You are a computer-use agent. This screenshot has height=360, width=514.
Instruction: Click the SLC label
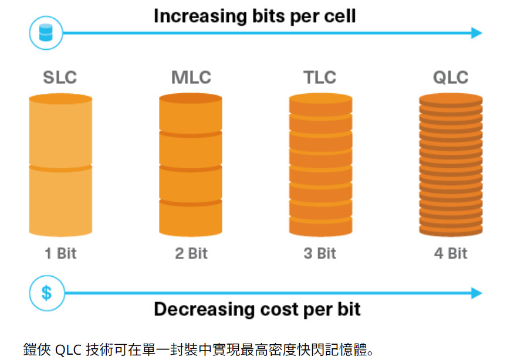click(60, 77)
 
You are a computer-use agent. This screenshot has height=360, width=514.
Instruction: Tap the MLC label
click(191, 77)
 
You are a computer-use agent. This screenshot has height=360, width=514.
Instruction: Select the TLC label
click(320, 77)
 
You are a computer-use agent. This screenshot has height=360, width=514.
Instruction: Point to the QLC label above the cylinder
click(451, 77)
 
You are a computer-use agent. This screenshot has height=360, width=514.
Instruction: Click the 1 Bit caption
click(60, 254)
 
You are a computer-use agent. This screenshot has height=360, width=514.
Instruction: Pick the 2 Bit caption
click(191, 254)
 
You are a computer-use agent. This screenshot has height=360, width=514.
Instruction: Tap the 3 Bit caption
click(320, 254)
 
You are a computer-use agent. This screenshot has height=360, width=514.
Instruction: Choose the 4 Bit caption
click(451, 254)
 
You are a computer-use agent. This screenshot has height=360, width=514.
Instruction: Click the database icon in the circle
click(46, 33)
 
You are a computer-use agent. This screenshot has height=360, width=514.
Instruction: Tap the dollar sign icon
click(46, 292)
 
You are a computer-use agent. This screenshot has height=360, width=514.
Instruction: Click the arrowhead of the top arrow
click(476, 33)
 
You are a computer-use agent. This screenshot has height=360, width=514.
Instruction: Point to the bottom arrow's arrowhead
click(476, 293)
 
